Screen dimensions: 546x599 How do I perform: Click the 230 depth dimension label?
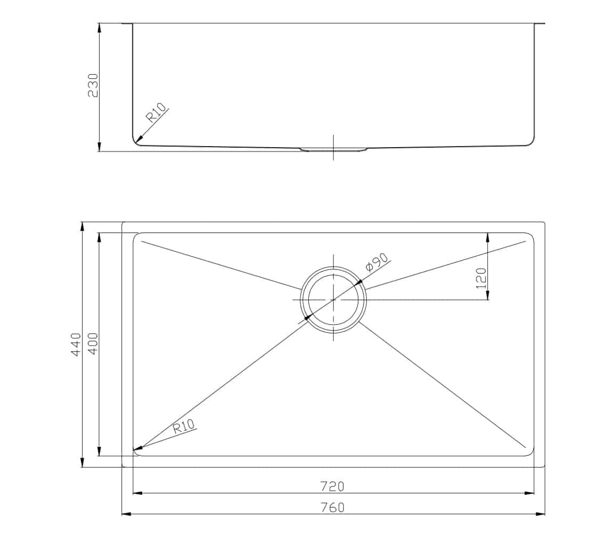tap(93, 85)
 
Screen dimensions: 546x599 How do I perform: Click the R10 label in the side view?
tap(157, 114)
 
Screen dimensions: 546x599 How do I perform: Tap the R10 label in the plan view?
tap(184, 427)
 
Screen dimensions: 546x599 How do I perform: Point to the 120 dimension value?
tap(481, 278)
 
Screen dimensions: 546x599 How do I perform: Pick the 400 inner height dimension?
tap(93, 344)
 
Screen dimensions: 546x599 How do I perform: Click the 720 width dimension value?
tap(332, 486)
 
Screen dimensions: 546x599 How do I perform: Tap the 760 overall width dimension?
tap(332, 508)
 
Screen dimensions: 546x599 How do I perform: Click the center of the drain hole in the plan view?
tap(333, 300)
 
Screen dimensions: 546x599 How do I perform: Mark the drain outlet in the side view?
tap(333, 149)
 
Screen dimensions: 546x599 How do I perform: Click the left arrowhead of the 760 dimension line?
tap(126, 514)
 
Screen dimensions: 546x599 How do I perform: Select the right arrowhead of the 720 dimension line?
tap(529, 493)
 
